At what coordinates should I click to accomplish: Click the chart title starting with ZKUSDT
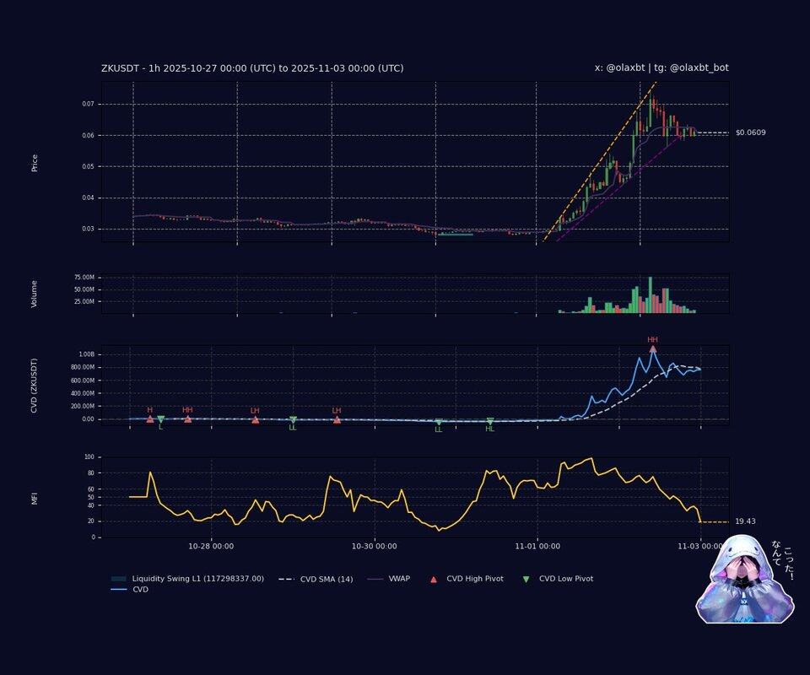click(252, 68)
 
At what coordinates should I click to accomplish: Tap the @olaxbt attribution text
click(661, 68)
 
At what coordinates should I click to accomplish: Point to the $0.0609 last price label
click(750, 132)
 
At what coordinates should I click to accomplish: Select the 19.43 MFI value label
click(745, 521)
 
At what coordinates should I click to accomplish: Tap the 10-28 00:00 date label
click(211, 546)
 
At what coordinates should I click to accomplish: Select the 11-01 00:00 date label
click(537, 546)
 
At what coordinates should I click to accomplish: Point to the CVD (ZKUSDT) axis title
click(35, 385)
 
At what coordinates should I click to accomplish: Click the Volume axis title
click(35, 293)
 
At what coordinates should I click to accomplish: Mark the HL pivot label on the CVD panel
click(490, 429)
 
